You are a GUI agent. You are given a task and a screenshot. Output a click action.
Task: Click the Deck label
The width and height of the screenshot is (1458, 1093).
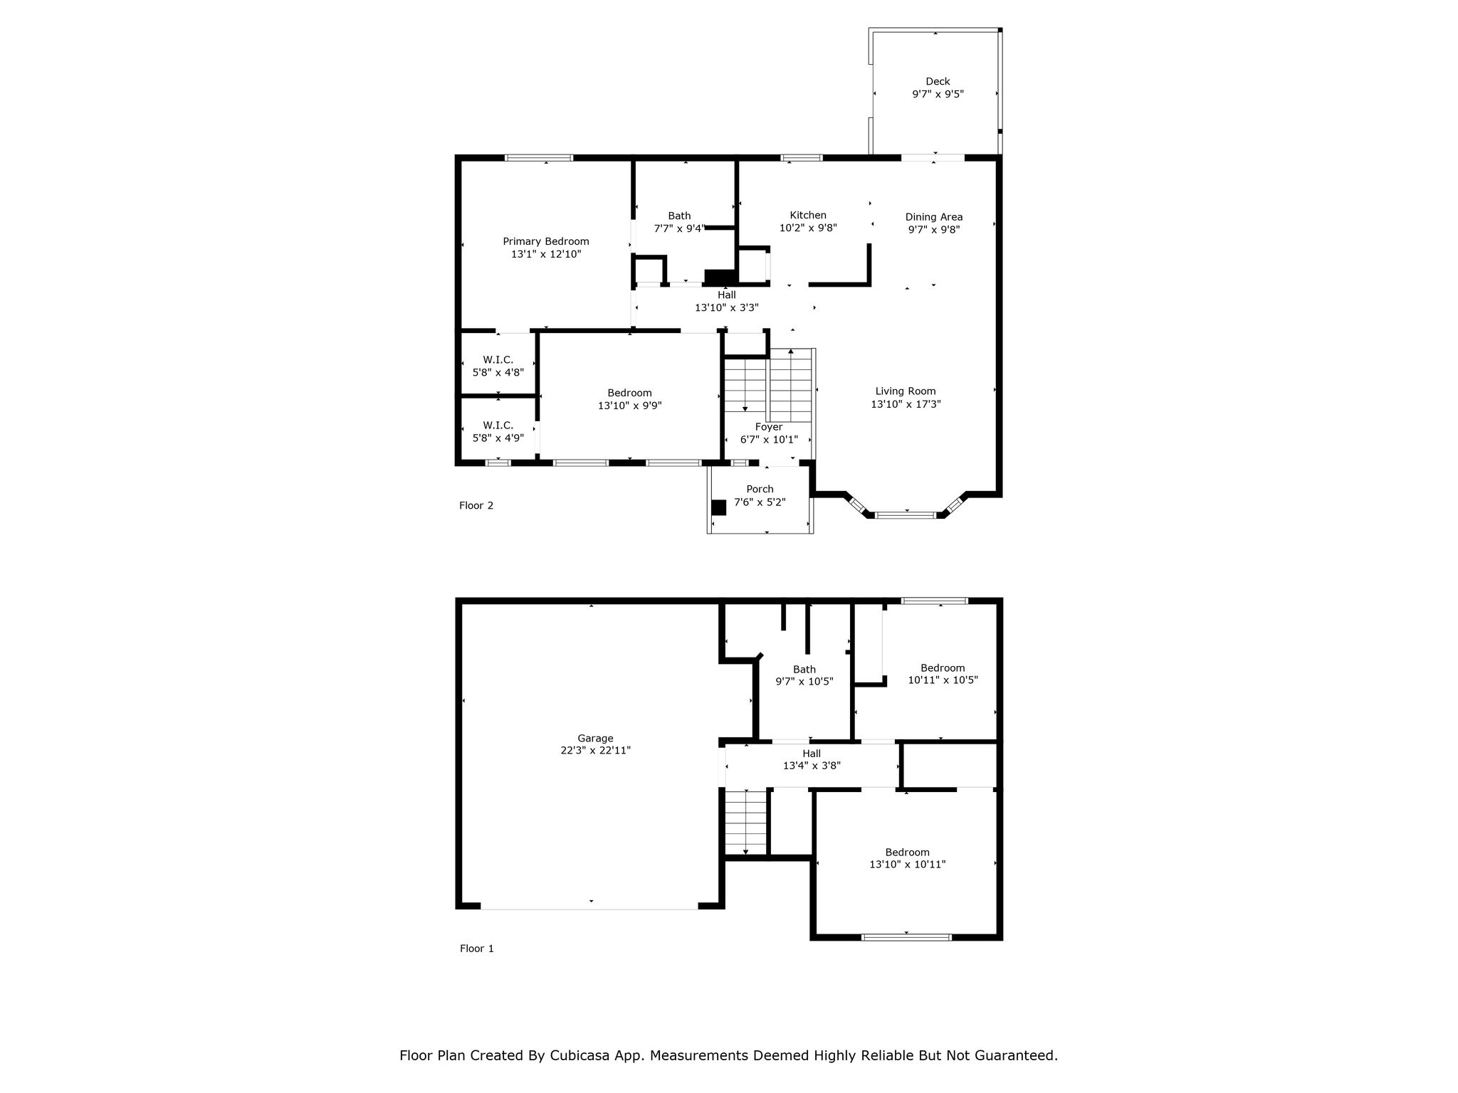938,81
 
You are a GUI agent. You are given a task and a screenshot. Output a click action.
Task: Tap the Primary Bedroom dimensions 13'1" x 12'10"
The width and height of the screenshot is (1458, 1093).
546,254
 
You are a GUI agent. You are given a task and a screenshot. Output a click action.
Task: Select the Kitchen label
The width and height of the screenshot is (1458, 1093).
808,215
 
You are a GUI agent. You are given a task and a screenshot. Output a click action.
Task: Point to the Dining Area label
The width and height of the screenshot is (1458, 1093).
934,217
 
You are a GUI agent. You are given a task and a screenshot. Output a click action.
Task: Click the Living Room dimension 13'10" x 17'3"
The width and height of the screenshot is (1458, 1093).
906,403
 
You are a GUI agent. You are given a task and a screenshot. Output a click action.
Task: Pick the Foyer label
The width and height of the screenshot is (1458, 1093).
769,427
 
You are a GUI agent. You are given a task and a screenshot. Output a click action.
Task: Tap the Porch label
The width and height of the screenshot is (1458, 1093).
760,489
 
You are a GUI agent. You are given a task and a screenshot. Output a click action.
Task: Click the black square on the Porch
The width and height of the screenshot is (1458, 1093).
718,507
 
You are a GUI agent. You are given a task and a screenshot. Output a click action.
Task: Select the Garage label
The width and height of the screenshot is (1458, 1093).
595,738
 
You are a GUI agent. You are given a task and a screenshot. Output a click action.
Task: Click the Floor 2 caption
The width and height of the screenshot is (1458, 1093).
476,505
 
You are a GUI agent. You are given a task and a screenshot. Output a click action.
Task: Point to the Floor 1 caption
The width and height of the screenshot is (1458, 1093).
476,948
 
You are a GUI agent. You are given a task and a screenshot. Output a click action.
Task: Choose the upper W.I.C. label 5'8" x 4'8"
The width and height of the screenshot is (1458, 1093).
498,366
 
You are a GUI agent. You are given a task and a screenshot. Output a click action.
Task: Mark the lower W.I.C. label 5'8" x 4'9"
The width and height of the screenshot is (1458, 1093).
498,431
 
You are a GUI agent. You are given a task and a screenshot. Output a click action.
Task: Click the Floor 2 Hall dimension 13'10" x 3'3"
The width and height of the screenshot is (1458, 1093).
727,307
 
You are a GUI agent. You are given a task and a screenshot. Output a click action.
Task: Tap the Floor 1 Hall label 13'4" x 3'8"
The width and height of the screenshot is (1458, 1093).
812,759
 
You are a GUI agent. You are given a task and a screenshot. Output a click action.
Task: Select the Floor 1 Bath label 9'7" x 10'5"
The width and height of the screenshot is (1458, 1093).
804,675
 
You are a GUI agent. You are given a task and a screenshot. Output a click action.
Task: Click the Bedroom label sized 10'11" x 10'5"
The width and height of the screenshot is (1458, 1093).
943,673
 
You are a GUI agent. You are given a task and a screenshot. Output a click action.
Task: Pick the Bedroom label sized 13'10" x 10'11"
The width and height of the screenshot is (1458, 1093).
907,858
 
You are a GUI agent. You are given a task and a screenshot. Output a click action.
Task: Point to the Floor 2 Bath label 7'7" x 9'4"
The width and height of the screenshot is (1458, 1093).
679,222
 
